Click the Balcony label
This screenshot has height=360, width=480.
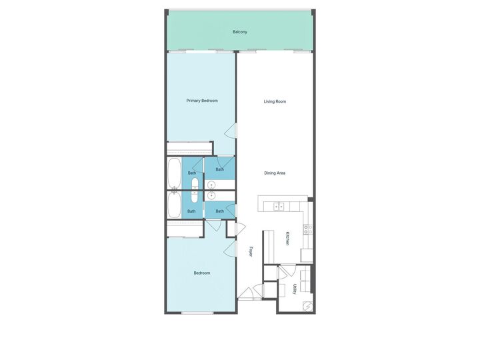240,32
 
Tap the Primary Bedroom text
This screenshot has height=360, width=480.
202,101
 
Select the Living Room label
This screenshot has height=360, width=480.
275,101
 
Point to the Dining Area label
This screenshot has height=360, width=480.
275,173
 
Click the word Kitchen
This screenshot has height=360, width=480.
287,239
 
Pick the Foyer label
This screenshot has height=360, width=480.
251,252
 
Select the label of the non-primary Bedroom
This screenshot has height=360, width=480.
202,273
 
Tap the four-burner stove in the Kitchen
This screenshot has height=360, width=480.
307,229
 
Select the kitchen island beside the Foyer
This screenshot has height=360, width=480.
269,247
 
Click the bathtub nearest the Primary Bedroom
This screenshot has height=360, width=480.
174,173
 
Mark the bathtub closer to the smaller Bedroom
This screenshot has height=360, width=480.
174,206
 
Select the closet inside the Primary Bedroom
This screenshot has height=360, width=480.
189,149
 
